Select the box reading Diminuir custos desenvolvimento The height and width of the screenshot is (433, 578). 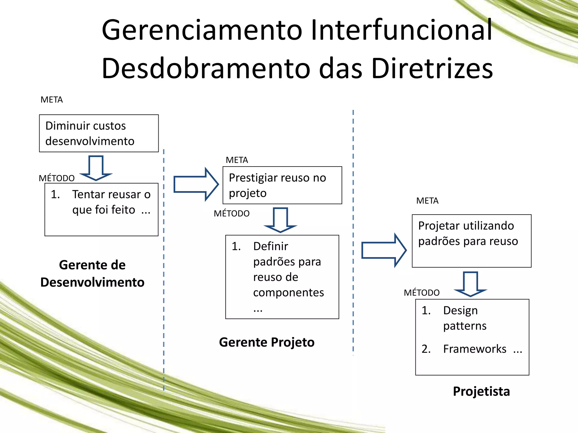(99, 133)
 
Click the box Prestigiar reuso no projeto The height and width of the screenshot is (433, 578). (282, 185)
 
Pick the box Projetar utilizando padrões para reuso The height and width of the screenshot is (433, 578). (472, 241)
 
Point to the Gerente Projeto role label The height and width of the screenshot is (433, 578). (267, 342)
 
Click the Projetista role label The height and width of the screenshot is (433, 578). (481, 391)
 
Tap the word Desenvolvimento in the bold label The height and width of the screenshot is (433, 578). (92, 282)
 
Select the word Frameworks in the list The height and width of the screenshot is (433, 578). (475, 349)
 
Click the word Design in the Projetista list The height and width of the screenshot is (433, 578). (460, 310)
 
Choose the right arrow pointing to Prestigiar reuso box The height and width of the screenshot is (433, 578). (196, 184)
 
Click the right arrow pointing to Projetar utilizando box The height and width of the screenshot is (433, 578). (384, 250)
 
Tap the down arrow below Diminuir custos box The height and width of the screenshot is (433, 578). (96, 168)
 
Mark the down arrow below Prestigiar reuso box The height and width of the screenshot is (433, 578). (280, 220)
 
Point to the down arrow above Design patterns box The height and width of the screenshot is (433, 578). (470, 284)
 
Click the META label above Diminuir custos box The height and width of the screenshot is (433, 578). (52, 100)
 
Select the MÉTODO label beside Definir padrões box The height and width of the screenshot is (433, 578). (231, 214)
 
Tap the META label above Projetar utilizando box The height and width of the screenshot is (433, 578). (427, 201)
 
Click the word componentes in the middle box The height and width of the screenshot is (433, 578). (288, 293)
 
